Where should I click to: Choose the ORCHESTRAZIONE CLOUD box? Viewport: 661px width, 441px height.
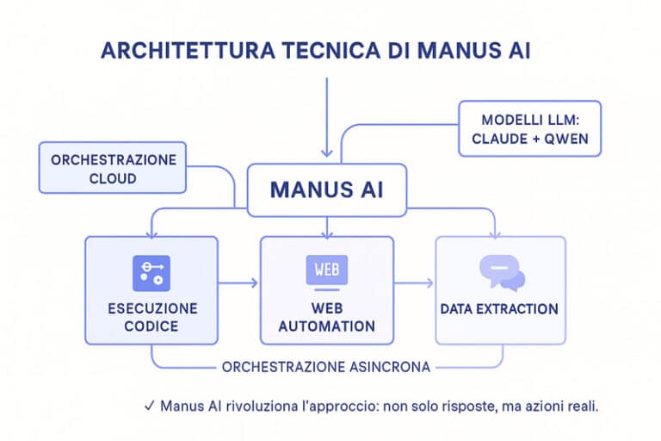coord(113,169)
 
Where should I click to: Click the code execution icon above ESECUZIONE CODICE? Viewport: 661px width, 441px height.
coord(151,273)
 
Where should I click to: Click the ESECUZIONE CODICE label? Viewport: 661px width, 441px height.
coord(152,317)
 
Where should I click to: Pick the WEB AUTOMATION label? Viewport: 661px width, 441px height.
coord(327,317)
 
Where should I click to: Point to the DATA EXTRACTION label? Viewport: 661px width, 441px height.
coord(499,308)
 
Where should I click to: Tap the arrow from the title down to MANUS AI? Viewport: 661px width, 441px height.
coord(327,121)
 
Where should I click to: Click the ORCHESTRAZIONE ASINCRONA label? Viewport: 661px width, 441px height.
coord(326,367)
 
